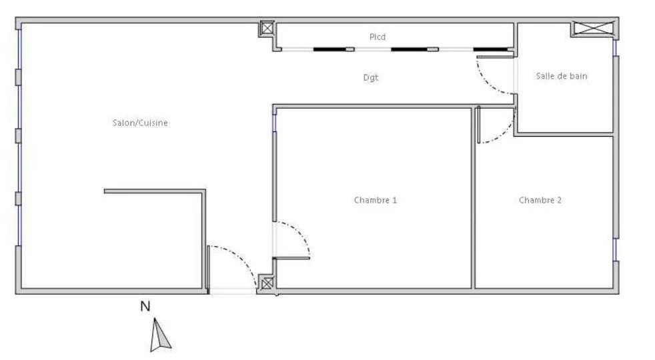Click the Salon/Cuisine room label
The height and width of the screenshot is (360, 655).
pos(140,123)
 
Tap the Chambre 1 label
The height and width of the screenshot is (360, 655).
pos(375,200)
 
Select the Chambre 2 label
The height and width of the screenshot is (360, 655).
pos(540,200)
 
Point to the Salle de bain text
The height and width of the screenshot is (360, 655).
pos(562,76)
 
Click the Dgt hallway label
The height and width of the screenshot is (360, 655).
pos(371,78)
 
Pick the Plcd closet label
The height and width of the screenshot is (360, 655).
pos(378,37)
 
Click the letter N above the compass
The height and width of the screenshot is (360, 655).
pos(145,307)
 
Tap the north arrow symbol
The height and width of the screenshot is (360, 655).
pos(160,335)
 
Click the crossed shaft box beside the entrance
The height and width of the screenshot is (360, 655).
pos(267,283)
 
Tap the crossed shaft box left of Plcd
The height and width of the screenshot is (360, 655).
pos(267,29)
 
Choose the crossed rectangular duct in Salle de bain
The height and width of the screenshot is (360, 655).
pos(594,28)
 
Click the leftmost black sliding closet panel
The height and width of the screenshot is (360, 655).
pos(330,49)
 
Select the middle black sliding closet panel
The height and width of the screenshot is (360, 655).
pos(410,49)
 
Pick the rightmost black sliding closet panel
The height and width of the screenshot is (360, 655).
pos(490,49)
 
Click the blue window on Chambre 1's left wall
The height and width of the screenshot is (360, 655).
pos(274,123)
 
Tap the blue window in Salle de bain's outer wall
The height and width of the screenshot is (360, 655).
pos(615,48)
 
